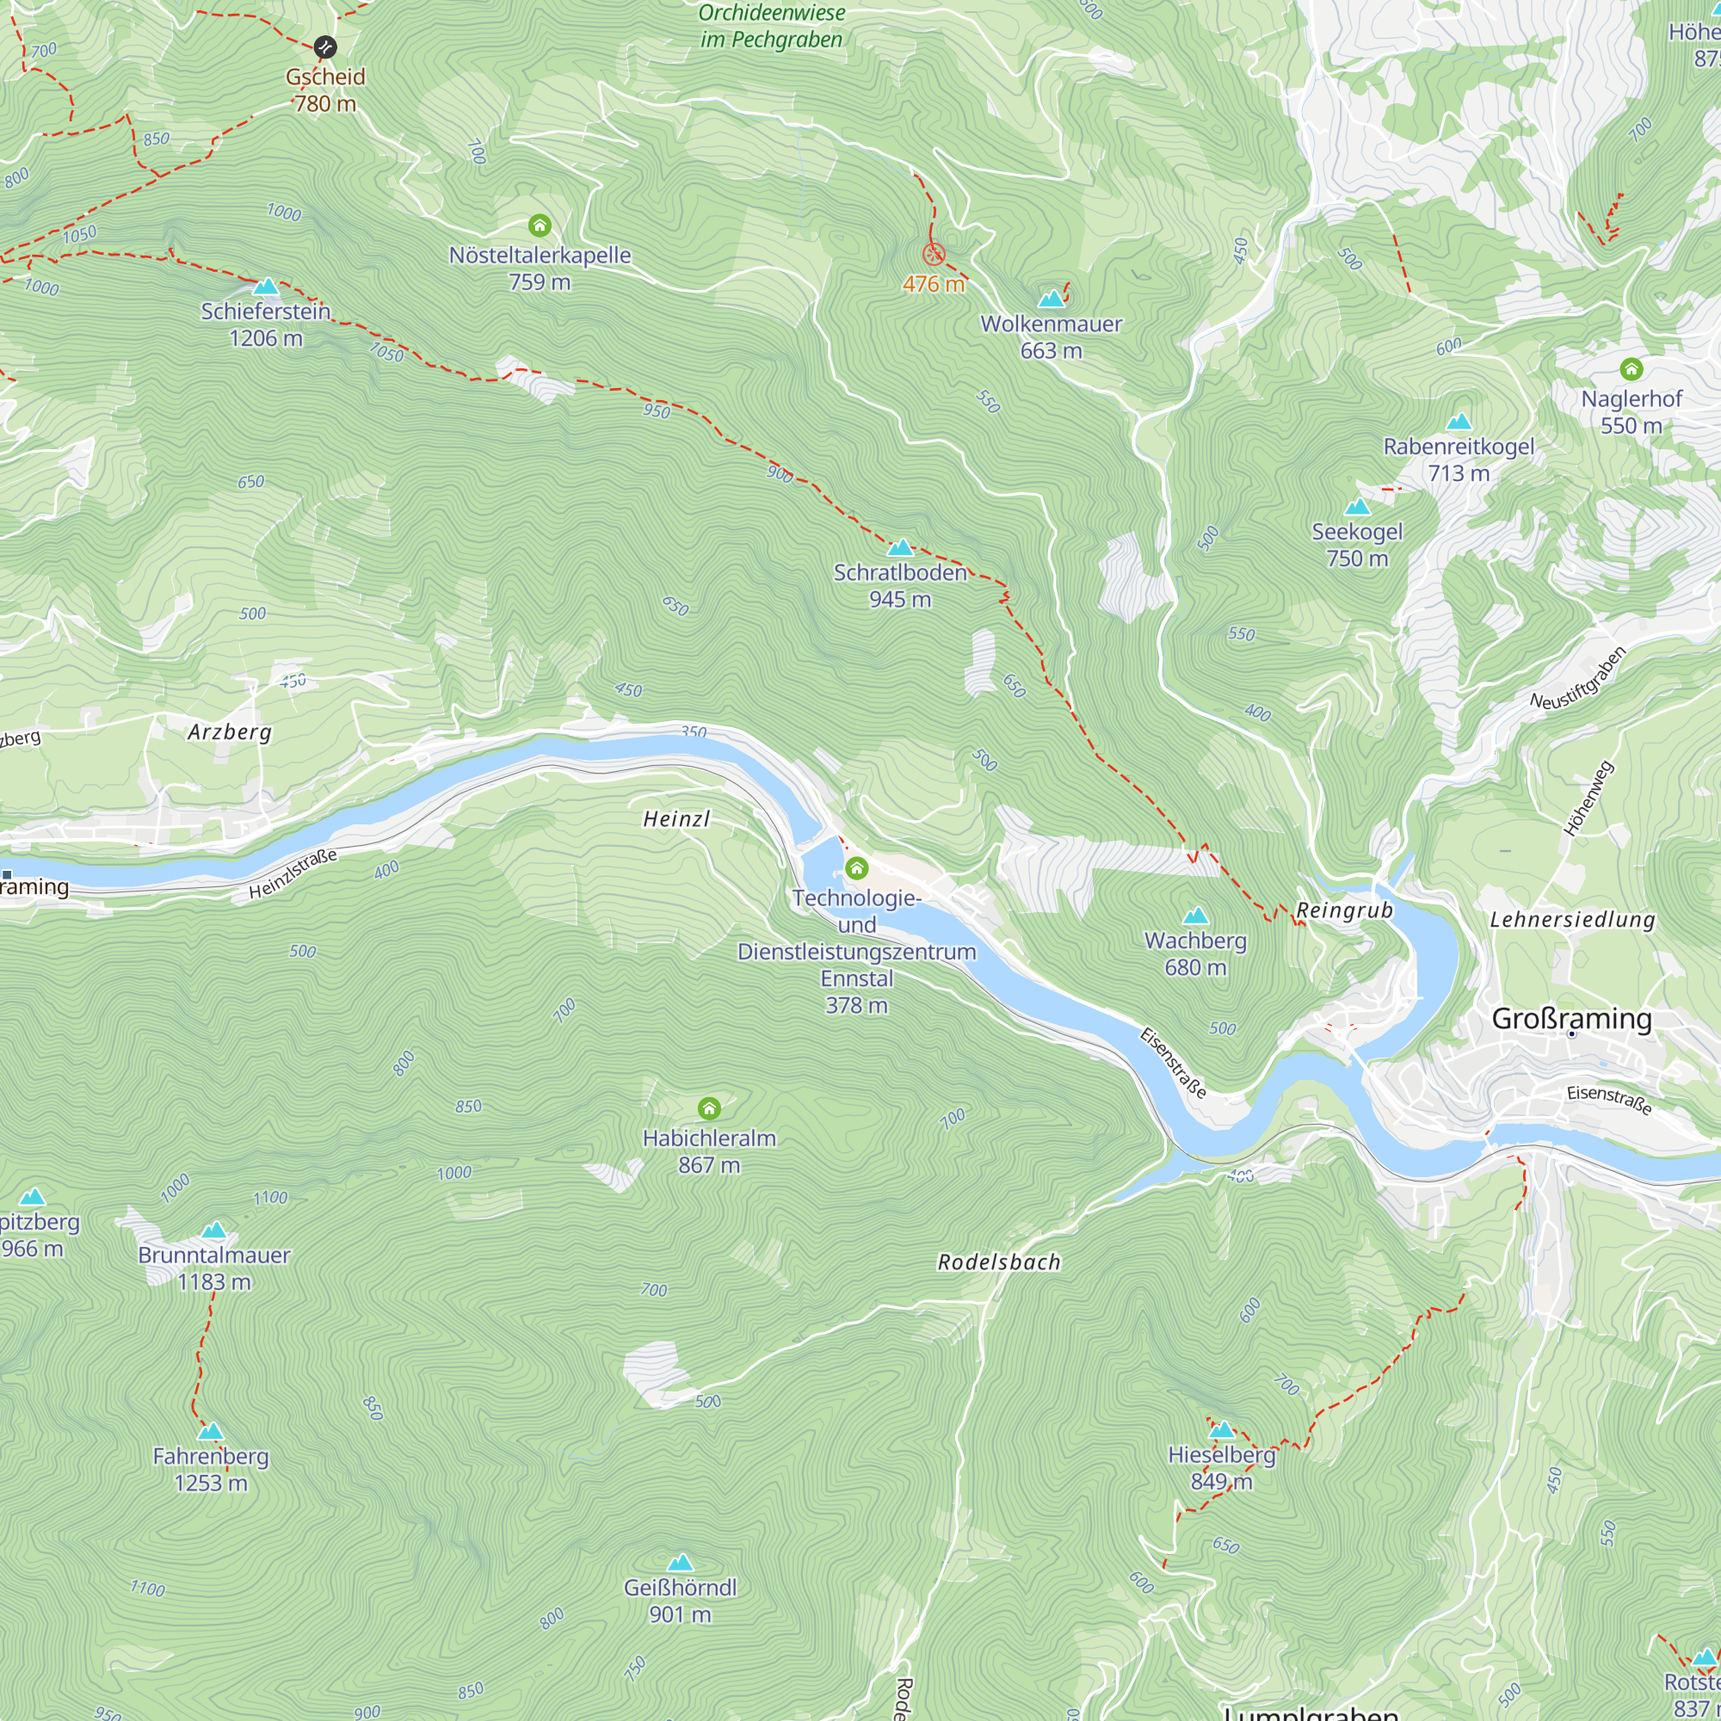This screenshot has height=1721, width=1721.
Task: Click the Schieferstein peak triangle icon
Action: pyautogui.click(x=265, y=287)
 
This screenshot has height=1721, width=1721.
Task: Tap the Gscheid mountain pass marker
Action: pyautogui.click(x=325, y=46)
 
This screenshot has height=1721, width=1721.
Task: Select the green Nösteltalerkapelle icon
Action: pyautogui.click(x=540, y=225)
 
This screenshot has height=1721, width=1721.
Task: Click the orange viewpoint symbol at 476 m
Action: pyautogui.click(x=933, y=255)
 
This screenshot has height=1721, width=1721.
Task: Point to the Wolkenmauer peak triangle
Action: pyautogui.click(x=1052, y=299)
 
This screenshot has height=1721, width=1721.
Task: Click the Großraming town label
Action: pyautogui.click(x=1571, y=1018)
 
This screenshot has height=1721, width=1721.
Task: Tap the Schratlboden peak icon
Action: pyautogui.click(x=900, y=548)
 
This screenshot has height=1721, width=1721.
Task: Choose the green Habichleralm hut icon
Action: pyautogui.click(x=709, y=1108)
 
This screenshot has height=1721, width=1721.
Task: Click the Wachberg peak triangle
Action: pyautogui.click(x=1194, y=916)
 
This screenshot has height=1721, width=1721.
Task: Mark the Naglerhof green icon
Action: pyautogui.click(x=1631, y=369)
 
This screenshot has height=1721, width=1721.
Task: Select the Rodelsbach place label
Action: pyautogui.click(x=998, y=1262)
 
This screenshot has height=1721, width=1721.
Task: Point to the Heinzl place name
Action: pyautogui.click(x=676, y=818)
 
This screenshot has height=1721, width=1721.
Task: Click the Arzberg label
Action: pyautogui.click(x=229, y=732)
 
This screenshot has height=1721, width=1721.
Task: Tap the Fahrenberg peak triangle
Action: pyautogui.click(x=210, y=1432)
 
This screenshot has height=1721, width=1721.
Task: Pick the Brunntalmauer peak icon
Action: pyautogui.click(x=213, y=1231)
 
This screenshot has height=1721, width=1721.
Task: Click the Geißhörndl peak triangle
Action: pyautogui.click(x=680, y=1563)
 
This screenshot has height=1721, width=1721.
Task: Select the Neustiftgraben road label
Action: pyautogui.click(x=1577, y=678)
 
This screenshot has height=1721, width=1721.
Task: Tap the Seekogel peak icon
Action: pyautogui.click(x=1357, y=508)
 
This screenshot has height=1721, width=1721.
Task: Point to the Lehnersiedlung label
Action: pyautogui.click(x=1572, y=919)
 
